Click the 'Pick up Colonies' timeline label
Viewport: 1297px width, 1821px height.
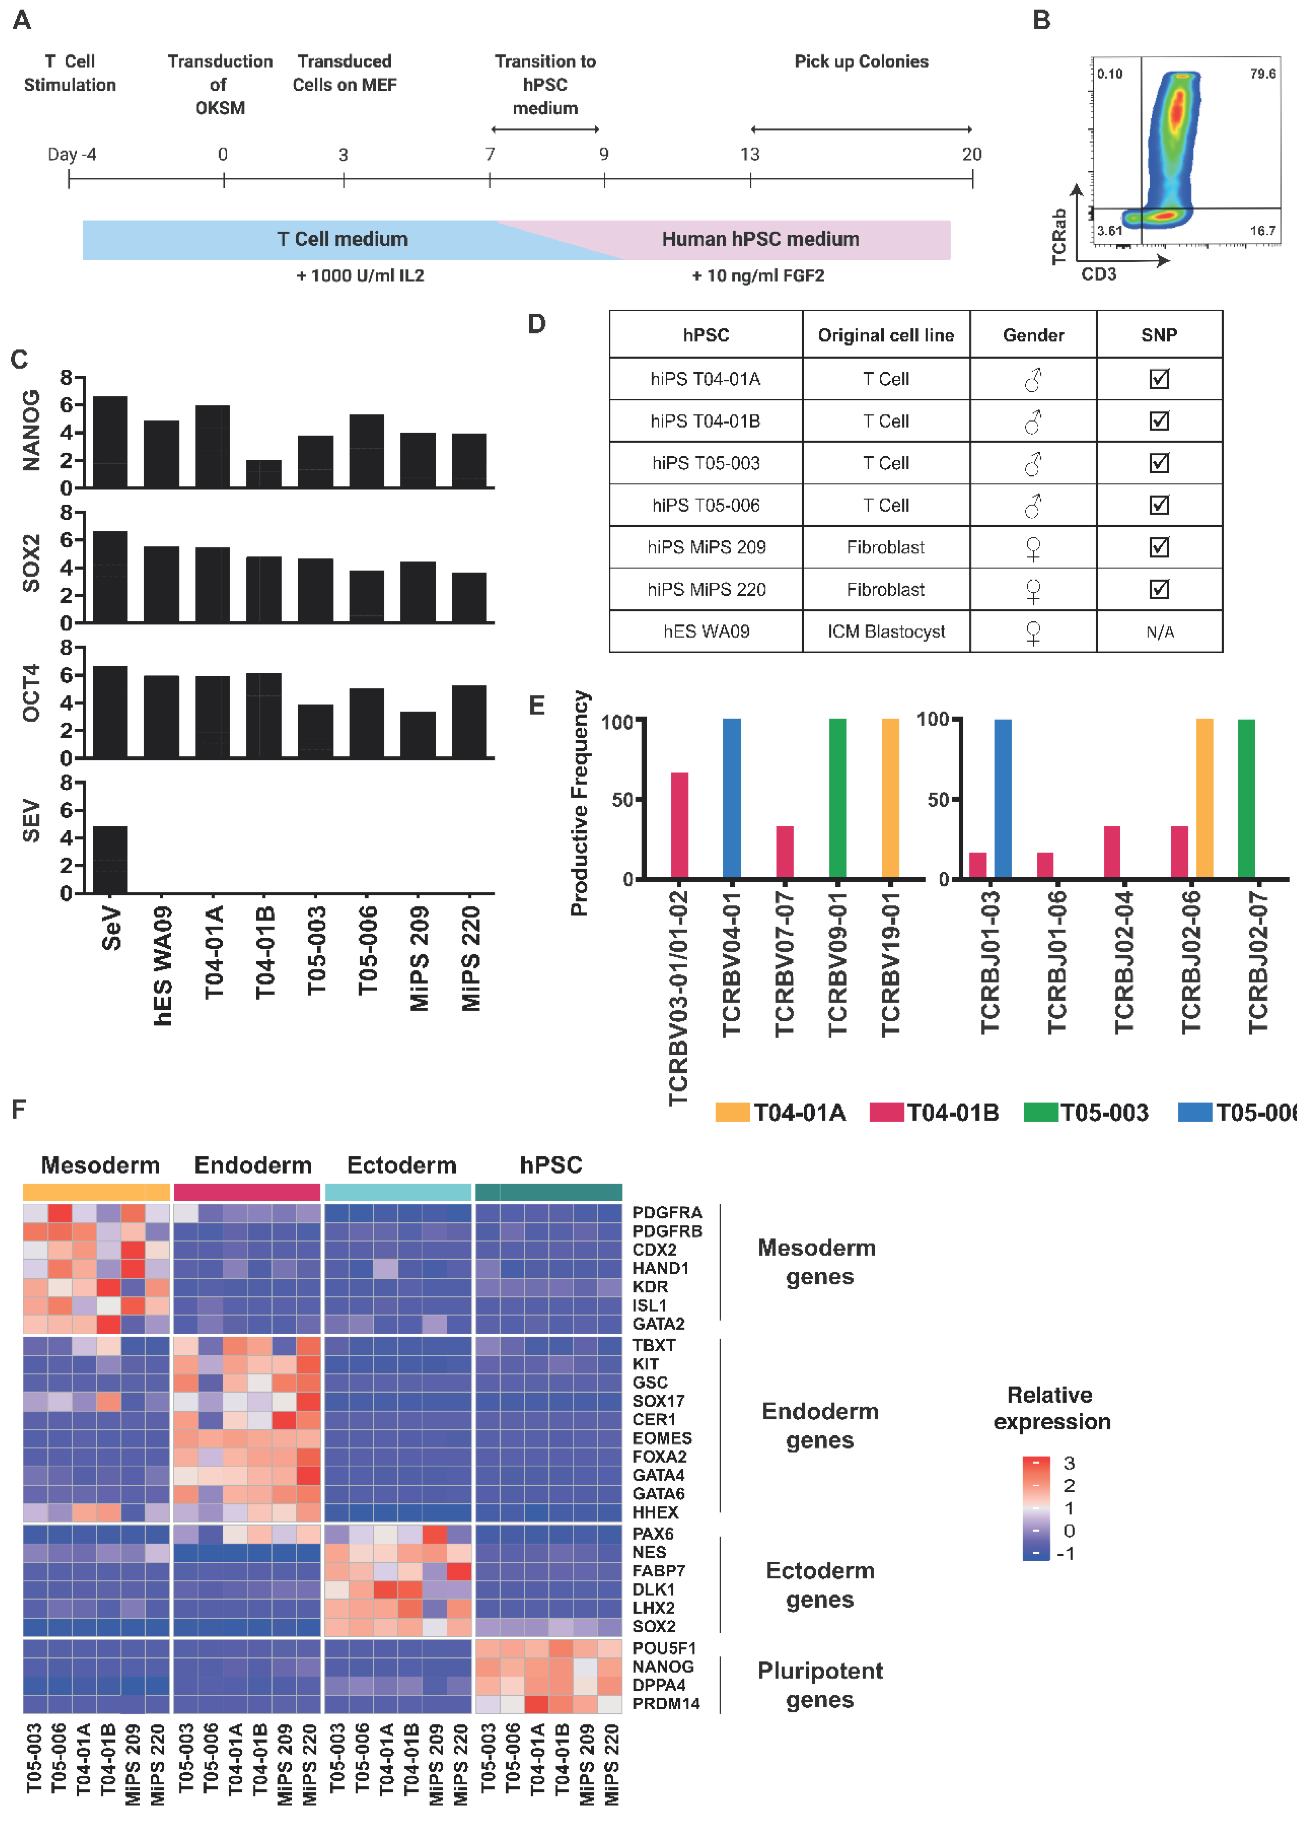click(x=861, y=62)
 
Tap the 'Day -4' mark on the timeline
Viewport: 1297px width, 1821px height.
click(x=72, y=154)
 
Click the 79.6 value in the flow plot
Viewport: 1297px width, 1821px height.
click(x=1262, y=74)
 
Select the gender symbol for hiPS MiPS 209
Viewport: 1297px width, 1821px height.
click(x=1033, y=548)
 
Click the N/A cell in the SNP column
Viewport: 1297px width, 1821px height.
click(x=1159, y=632)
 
